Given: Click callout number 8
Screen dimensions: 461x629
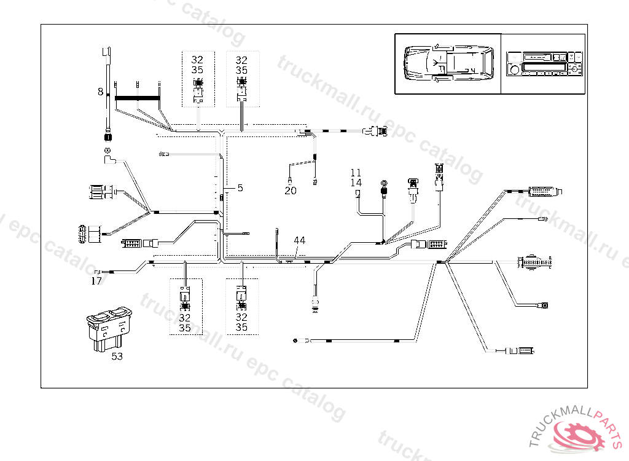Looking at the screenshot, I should [100, 92].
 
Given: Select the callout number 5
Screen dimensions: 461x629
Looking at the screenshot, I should [240, 188].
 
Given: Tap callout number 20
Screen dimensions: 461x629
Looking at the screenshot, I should [291, 191].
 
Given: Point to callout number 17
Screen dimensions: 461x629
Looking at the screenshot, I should [96, 281].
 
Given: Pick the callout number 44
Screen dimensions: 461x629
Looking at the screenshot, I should [299, 240].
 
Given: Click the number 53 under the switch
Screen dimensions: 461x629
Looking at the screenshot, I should [117, 356].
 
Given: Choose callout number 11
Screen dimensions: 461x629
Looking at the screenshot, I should [356, 173].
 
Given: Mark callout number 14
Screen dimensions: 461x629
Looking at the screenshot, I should [356, 183].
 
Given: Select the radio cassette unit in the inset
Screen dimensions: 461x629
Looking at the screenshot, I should [542, 63].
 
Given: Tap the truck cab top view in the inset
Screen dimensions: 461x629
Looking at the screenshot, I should [447, 63].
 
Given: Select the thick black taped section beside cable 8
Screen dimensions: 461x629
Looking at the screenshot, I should [138, 98].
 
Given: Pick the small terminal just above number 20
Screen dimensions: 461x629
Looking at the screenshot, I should [290, 179].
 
